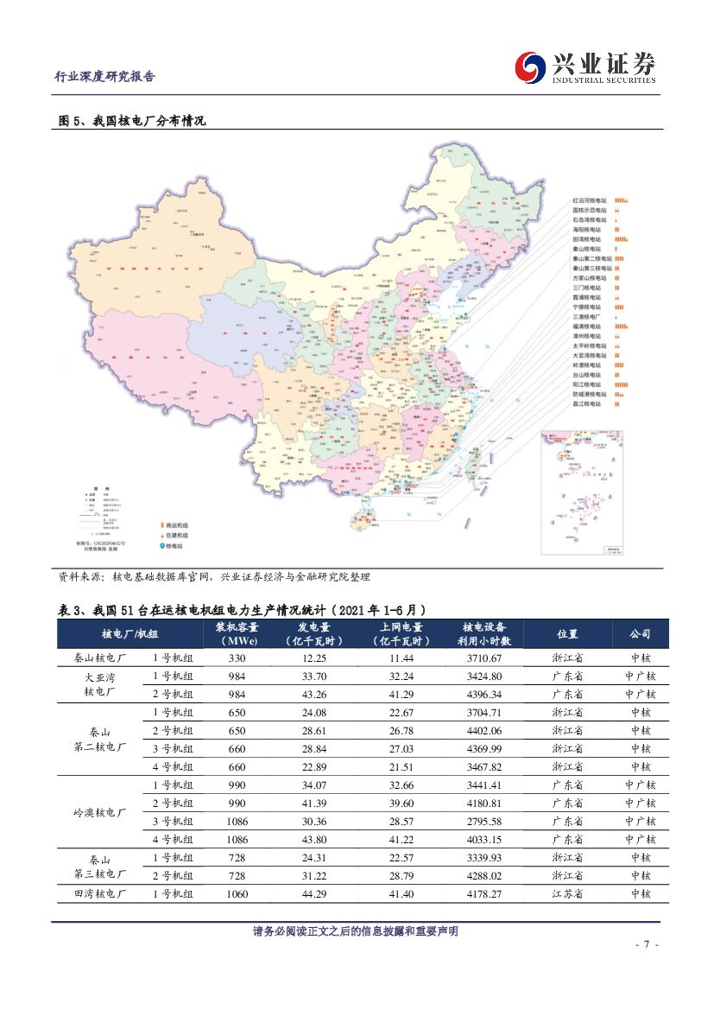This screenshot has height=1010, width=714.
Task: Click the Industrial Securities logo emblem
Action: (x=530, y=67)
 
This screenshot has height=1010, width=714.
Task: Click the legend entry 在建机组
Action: (x=176, y=536)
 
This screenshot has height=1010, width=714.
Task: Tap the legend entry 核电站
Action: (x=174, y=546)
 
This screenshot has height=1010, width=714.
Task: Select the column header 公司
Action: (x=640, y=634)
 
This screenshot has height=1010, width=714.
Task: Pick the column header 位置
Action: (x=567, y=634)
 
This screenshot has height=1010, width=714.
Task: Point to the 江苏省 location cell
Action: (x=567, y=894)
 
